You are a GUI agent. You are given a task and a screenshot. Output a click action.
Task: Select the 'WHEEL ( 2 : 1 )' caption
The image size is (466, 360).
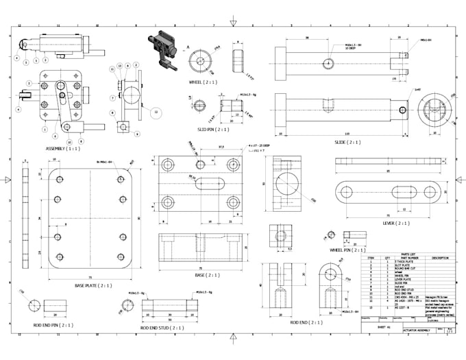pyautogui.click(x=204, y=82)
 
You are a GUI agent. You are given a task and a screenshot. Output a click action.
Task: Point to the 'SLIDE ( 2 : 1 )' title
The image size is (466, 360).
pyautogui.click(x=349, y=142)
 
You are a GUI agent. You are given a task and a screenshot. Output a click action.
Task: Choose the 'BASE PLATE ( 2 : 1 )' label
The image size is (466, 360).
pyautogui.click(x=94, y=285)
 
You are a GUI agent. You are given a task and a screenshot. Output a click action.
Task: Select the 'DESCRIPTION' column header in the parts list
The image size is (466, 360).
pyautogui.click(x=440, y=257)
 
